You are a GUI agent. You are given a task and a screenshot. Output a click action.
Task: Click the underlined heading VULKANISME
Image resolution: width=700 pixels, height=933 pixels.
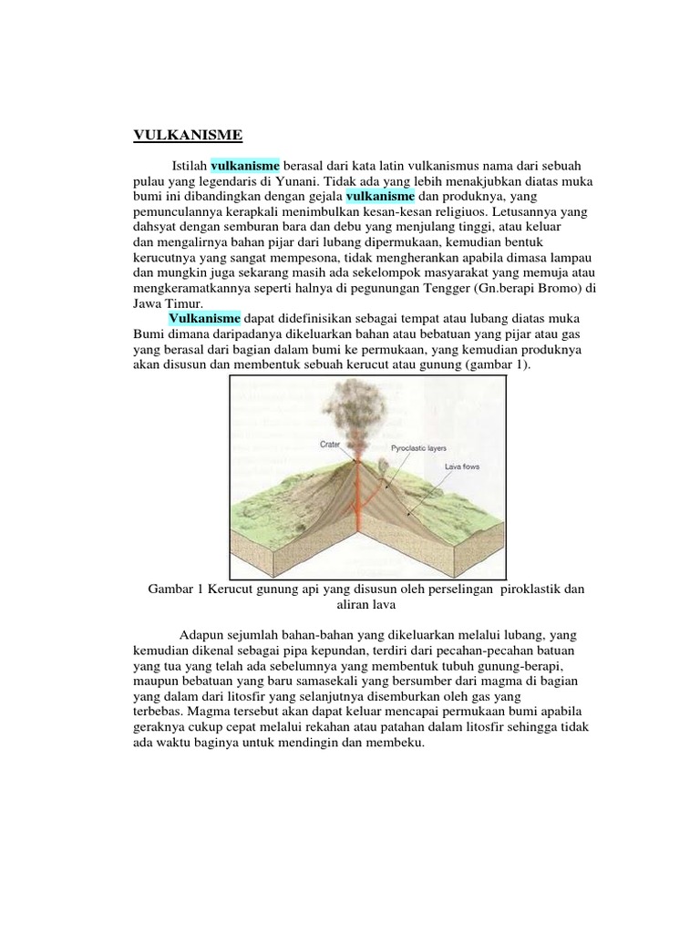(188, 136)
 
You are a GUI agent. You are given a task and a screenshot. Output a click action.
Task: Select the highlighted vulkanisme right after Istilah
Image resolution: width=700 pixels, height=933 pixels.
(244, 167)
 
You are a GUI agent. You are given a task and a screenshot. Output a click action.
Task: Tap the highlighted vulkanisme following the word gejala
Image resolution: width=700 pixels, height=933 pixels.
(380, 196)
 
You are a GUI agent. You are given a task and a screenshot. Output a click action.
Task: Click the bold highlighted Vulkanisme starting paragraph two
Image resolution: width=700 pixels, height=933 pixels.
(204, 318)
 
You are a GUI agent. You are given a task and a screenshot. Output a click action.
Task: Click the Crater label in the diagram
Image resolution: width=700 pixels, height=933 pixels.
(331, 446)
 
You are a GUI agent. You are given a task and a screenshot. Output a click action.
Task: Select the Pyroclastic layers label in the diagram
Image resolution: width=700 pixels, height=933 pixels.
(417, 449)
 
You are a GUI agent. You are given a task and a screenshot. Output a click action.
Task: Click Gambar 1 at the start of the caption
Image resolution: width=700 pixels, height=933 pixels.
(175, 590)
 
